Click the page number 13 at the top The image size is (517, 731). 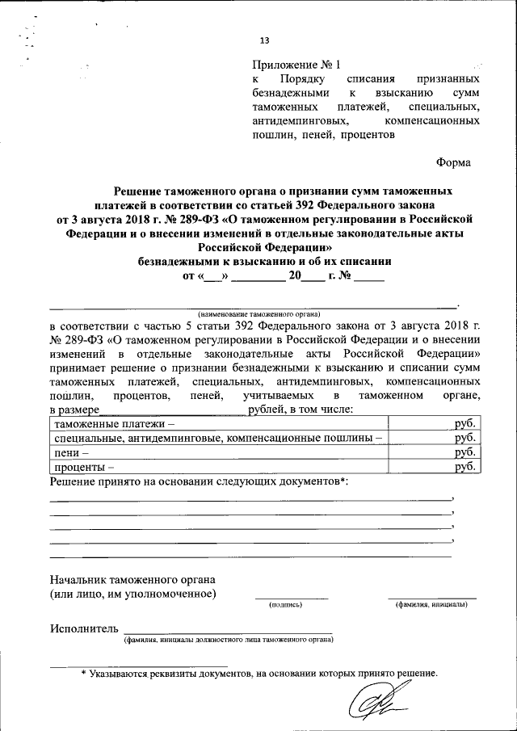click(x=264, y=42)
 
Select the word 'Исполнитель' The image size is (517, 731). click(x=84, y=628)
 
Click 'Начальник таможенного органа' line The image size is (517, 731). click(x=132, y=579)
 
